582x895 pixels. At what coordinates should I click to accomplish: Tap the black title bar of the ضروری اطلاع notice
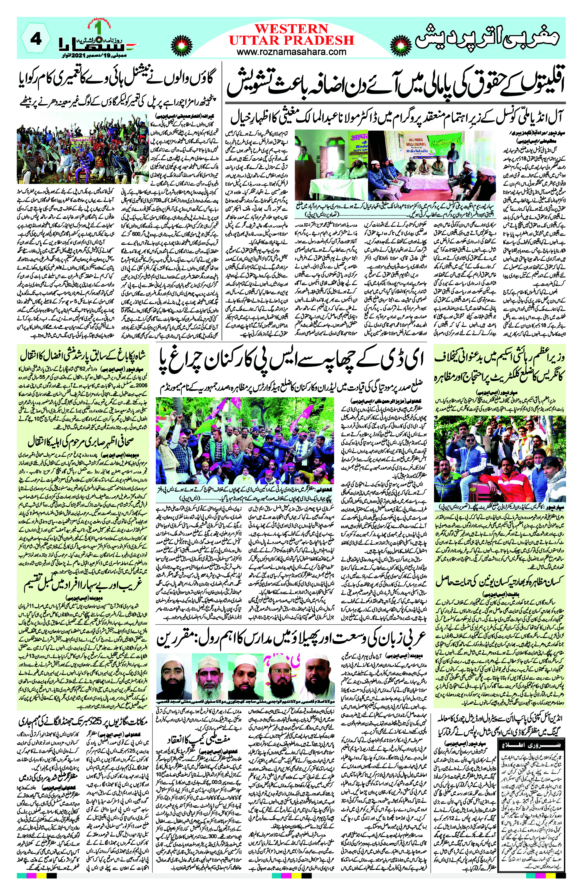532,744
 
